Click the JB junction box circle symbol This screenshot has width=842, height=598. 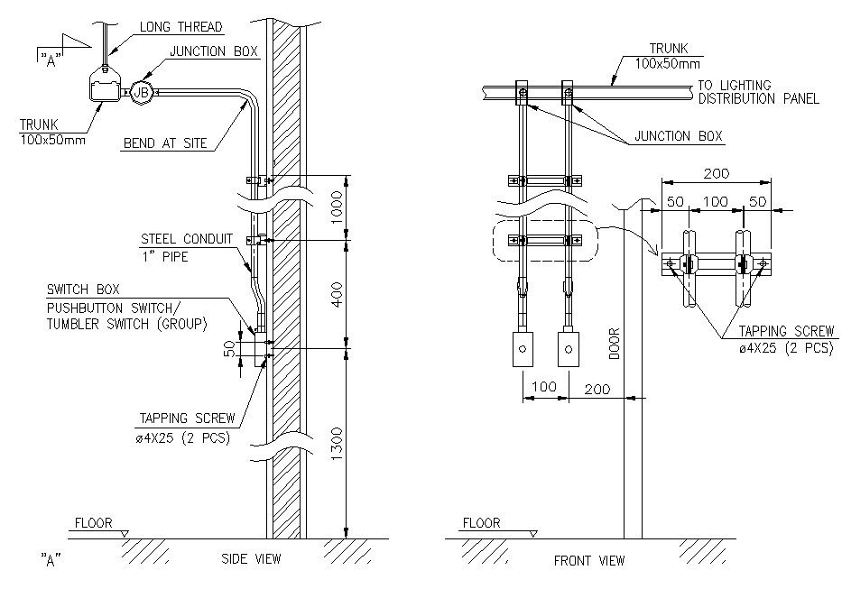(x=140, y=90)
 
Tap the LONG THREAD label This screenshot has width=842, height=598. (x=180, y=27)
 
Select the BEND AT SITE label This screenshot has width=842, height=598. (x=165, y=143)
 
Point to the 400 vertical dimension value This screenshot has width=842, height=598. (x=336, y=293)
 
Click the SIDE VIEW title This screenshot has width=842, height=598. (x=251, y=559)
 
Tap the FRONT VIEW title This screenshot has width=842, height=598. (x=588, y=560)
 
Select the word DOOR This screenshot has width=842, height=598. (x=615, y=343)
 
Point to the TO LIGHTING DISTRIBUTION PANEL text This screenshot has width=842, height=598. (x=758, y=92)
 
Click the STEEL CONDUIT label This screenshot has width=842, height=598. (x=186, y=239)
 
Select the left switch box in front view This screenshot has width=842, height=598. (x=523, y=348)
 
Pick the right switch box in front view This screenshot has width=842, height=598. (x=569, y=348)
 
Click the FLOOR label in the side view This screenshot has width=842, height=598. (x=93, y=522)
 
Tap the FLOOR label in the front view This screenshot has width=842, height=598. (x=481, y=522)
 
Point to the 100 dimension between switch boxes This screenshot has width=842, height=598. (x=543, y=386)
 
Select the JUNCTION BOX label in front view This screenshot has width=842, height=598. (x=679, y=136)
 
